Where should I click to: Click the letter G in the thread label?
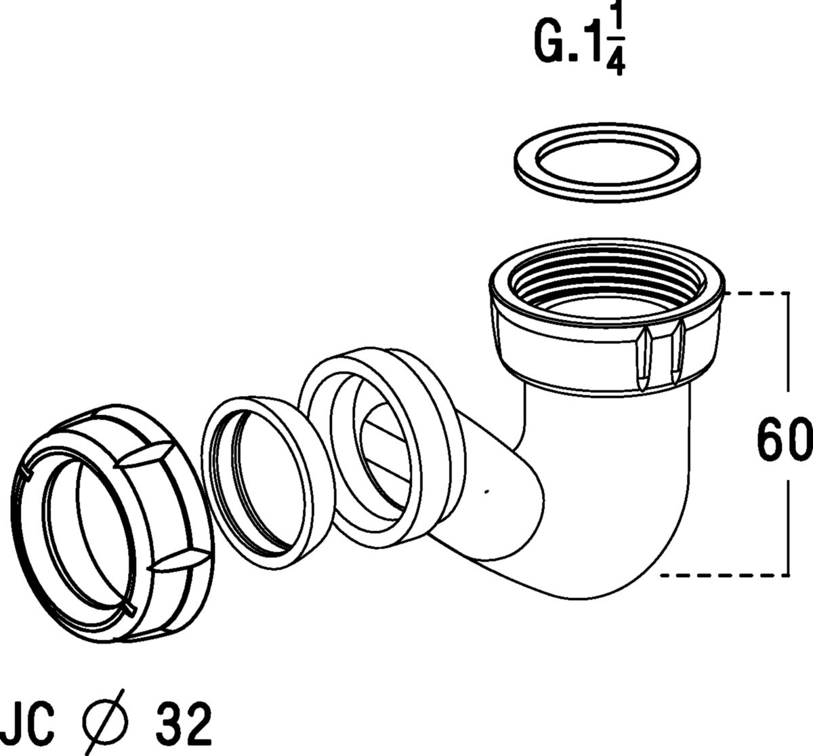click(549, 42)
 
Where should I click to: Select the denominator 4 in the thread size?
click(615, 60)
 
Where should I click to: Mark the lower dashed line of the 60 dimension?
click(725, 575)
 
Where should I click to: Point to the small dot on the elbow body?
click(486, 492)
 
